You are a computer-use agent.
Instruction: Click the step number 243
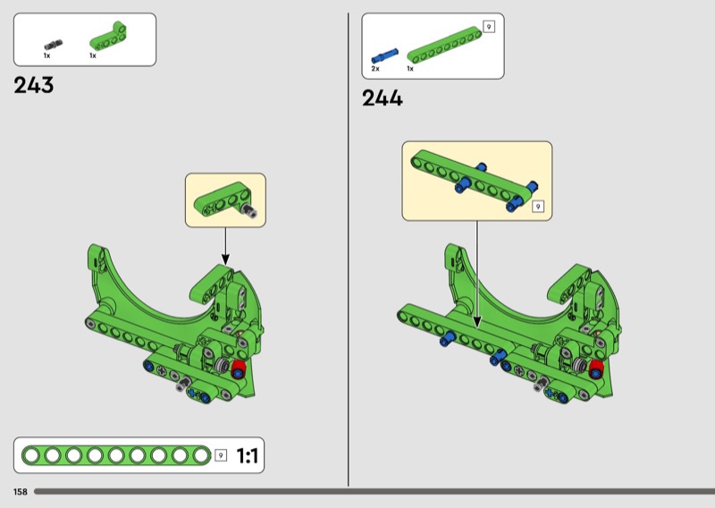tap(33, 85)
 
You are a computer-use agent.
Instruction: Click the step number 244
tap(383, 98)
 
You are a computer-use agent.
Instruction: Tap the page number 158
tap(21, 492)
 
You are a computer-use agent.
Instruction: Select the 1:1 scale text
tap(248, 455)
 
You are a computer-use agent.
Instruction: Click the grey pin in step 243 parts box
tap(54, 45)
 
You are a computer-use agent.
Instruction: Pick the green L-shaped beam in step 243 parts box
tap(108, 38)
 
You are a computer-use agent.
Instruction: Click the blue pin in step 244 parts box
tap(384, 55)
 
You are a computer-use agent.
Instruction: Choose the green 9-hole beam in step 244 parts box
tap(444, 45)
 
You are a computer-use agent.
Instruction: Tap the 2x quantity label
tap(375, 69)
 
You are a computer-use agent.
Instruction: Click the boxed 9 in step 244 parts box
tap(489, 27)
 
